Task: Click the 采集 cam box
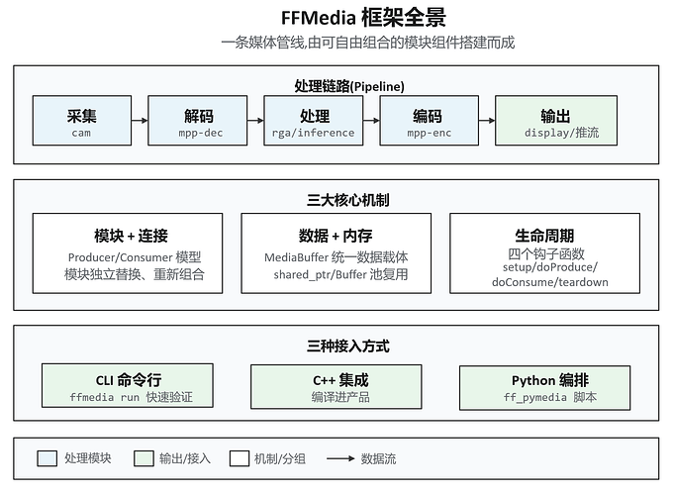(x=82, y=121)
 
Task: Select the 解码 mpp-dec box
(x=197, y=121)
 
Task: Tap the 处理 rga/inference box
(x=314, y=121)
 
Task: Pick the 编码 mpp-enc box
(x=430, y=121)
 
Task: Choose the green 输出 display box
(x=556, y=121)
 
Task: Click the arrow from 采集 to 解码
(x=140, y=121)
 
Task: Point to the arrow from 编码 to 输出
(x=487, y=121)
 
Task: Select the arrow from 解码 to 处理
(x=255, y=121)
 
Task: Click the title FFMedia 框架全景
(x=363, y=18)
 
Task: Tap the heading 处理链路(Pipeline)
(x=349, y=86)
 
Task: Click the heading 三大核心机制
(x=348, y=200)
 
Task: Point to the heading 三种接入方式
(x=348, y=346)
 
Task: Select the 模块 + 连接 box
(x=128, y=253)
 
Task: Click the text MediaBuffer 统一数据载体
(x=336, y=257)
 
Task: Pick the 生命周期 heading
(x=544, y=236)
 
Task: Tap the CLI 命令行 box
(x=128, y=385)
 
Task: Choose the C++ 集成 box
(x=336, y=386)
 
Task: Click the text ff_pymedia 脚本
(x=550, y=398)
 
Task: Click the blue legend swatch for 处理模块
(x=48, y=458)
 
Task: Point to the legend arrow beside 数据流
(x=340, y=458)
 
